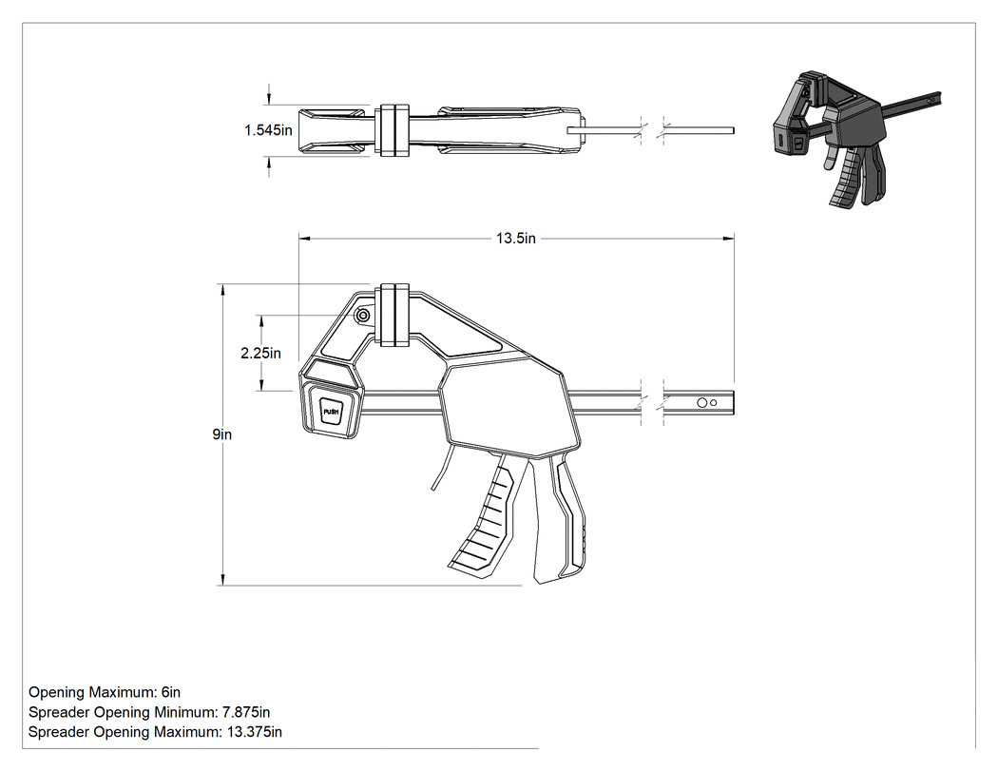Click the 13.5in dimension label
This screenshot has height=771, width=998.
(515, 238)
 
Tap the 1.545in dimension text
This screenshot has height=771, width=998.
(268, 130)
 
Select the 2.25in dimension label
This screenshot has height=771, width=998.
(260, 353)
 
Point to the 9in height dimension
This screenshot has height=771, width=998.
(222, 434)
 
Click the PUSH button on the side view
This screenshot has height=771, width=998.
(331, 412)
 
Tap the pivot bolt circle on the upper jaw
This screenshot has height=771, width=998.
(363, 315)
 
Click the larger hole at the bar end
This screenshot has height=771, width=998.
(702, 402)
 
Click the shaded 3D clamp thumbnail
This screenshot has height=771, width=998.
(855, 138)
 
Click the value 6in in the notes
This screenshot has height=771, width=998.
(170, 692)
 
